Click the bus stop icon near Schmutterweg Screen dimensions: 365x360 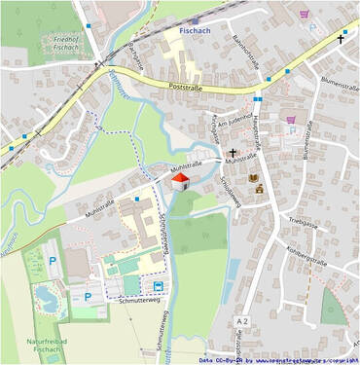158,285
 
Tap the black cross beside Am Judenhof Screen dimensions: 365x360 234,152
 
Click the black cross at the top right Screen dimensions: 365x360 342,39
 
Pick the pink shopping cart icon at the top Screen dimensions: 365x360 304,14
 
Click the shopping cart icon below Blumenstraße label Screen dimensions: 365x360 291,121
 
